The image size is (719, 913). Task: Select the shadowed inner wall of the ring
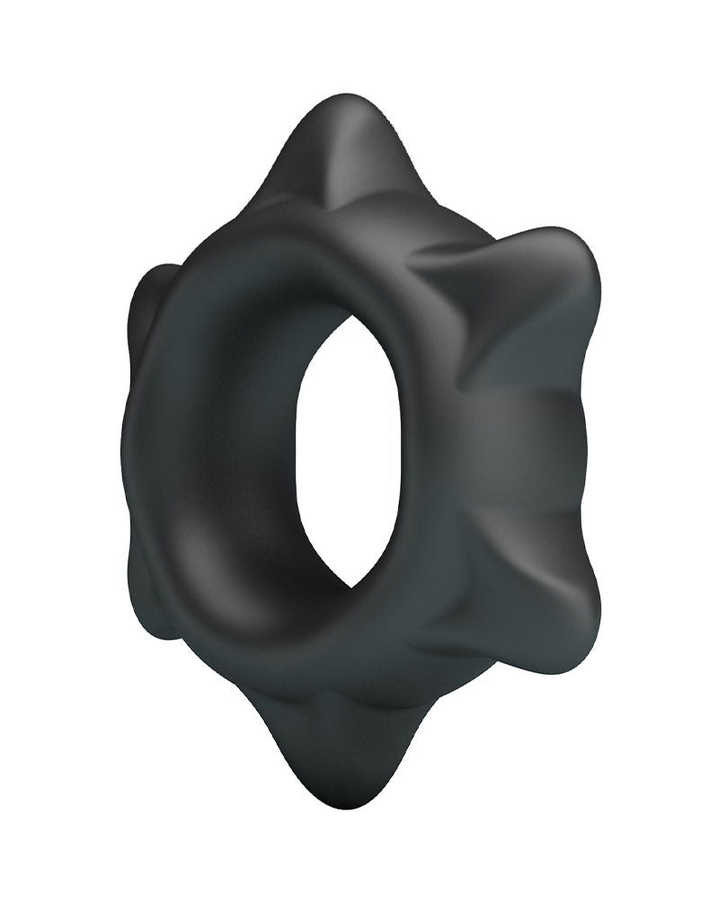(225, 503)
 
